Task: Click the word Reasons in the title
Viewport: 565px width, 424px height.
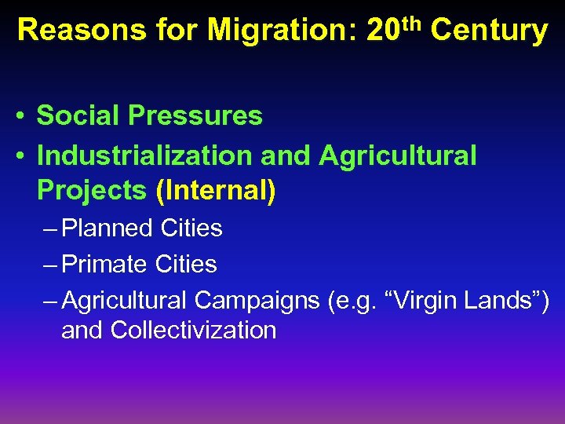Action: (70, 31)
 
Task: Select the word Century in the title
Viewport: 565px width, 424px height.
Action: (489, 31)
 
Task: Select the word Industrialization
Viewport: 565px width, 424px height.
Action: (145, 155)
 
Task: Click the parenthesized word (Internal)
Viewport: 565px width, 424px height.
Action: (216, 190)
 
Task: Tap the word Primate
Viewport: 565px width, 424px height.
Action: (107, 265)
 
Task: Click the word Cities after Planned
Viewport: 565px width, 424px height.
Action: (191, 228)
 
